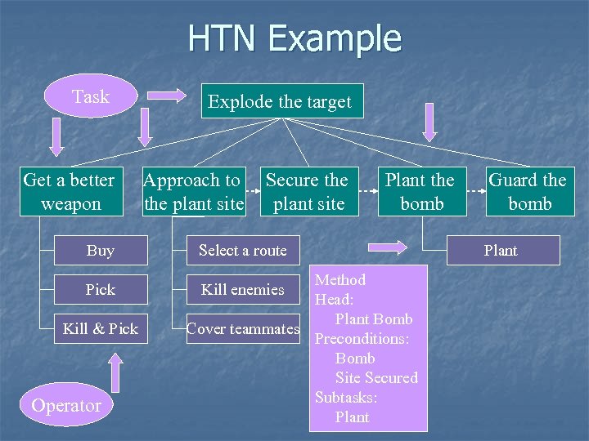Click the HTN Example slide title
[x=294, y=38]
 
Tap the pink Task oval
[x=90, y=96]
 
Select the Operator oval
[x=66, y=405]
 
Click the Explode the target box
[x=279, y=102]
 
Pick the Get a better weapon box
[x=70, y=192]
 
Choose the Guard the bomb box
[x=528, y=192]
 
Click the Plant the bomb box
[x=420, y=192]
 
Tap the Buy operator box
[x=101, y=251]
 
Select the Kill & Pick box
[x=101, y=328]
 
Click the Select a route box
[x=243, y=251]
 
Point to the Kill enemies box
[x=243, y=289]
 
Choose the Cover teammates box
[x=243, y=328]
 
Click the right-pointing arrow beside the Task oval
[x=167, y=96]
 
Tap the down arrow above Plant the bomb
[x=428, y=122]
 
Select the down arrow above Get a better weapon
[x=56, y=136]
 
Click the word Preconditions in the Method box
[x=362, y=338]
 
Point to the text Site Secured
[x=376, y=377]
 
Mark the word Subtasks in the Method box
[x=346, y=397]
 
